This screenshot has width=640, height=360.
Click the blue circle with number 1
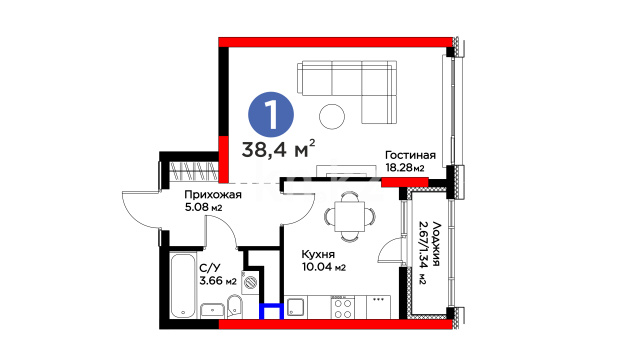[271, 114]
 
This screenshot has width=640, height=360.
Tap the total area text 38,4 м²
[278, 149]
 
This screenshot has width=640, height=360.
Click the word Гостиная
[410, 155]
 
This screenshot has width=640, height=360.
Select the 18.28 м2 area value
[405, 168]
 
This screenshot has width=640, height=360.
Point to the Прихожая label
[213, 195]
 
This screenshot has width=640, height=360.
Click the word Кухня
[318, 254]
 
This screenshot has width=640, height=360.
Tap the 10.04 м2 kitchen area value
[324, 267]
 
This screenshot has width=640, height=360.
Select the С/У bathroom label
[210, 268]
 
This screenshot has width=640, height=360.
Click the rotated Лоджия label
[436, 244]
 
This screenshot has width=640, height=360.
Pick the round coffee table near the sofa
[332, 116]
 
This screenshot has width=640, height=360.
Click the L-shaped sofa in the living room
[347, 91]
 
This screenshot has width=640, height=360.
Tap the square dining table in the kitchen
[349, 216]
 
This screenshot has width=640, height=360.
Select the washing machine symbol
[250, 282]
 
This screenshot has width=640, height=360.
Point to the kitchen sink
[295, 307]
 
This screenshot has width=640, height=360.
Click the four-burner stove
[343, 308]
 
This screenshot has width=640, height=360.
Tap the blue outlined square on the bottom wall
[271, 311]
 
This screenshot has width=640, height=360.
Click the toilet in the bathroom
[234, 307]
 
